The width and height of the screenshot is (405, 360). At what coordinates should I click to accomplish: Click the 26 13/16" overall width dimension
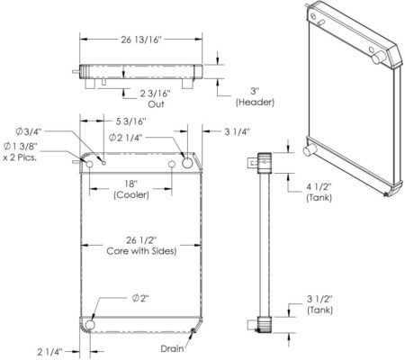[x=141, y=40]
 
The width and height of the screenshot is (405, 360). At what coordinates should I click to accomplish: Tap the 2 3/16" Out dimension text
[x=156, y=99]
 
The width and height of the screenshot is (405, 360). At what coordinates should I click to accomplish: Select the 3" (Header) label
[x=255, y=96]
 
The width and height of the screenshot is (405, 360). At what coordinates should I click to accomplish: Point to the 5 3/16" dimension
[x=131, y=121]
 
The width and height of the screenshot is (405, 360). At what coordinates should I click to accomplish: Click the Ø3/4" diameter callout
[x=29, y=131]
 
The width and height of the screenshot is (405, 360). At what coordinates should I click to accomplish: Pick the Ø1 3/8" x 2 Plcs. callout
[x=21, y=152]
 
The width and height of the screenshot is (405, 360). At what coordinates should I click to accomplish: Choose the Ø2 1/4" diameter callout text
[x=125, y=138]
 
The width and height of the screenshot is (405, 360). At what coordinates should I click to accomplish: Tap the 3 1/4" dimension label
[x=237, y=131]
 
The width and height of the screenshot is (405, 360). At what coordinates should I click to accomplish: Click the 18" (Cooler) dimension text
[x=131, y=189]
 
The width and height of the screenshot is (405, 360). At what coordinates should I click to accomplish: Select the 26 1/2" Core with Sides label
[x=141, y=246]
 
